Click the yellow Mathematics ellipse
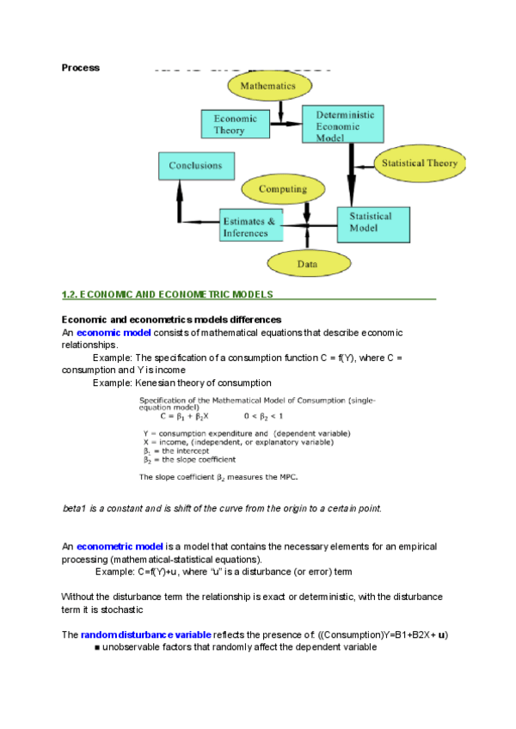[267, 86]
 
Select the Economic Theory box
[229, 124]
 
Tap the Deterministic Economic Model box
[344, 125]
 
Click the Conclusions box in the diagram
[195, 166]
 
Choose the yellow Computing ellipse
[283, 189]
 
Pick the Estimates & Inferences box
[249, 227]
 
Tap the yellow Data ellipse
[307, 265]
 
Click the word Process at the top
[81, 67]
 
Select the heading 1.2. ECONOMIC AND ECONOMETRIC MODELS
[168, 294]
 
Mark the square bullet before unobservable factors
[97, 646]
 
